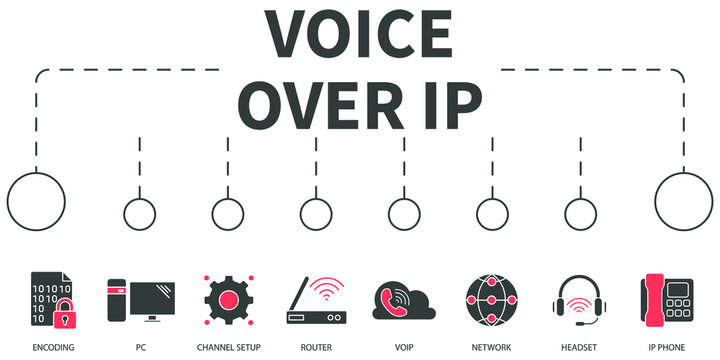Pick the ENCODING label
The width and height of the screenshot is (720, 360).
(52, 346)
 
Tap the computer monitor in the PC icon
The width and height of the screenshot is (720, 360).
(153, 296)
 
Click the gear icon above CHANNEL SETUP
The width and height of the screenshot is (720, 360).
(228, 297)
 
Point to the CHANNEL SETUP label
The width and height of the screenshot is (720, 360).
(228, 346)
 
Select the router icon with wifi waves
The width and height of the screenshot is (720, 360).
(315, 300)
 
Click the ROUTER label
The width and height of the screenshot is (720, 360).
(315, 346)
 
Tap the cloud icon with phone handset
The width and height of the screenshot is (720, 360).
(403, 300)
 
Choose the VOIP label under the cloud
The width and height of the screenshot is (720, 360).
(403, 346)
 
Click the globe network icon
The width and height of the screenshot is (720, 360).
(492, 297)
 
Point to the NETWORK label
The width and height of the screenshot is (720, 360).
(492, 346)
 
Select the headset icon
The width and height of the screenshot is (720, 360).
(580, 297)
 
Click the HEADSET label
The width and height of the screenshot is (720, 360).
(580, 346)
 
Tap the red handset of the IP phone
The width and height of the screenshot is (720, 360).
(654, 298)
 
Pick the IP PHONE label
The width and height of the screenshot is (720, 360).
(668, 346)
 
